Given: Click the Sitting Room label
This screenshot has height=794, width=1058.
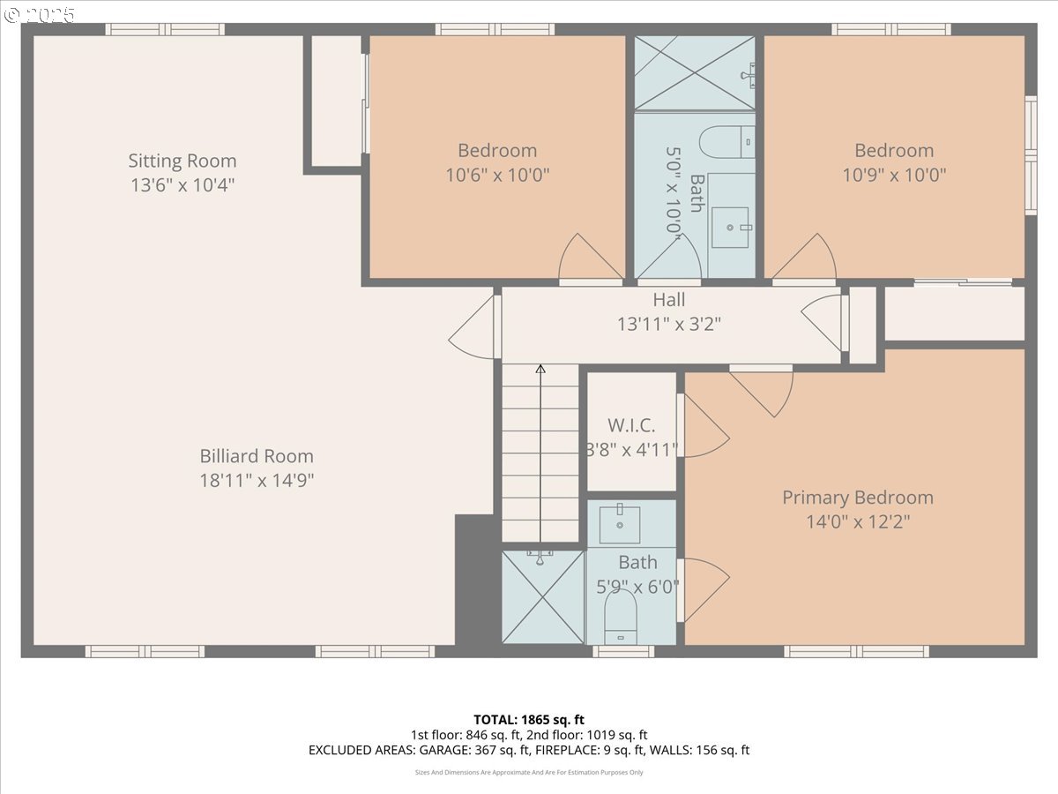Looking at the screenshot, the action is (x=183, y=161).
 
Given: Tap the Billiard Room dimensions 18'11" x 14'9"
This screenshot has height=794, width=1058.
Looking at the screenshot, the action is (x=257, y=480).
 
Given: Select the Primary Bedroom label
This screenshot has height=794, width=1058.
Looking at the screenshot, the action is (x=858, y=498).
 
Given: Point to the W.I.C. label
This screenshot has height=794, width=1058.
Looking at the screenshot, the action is (x=631, y=425).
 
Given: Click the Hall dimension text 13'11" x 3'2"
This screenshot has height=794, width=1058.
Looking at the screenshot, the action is (x=669, y=324).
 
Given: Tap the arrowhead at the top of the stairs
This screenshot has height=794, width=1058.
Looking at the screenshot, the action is (x=540, y=369).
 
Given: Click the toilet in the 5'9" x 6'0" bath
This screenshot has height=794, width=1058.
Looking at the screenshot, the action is (x=621, y=617).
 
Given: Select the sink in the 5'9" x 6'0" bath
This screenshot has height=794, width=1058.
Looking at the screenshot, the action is (x=620, y=524).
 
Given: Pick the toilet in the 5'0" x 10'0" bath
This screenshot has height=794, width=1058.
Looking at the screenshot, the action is (x=726, y=142).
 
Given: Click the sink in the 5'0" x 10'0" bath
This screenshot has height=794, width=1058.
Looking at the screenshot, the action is (x=730, y=227).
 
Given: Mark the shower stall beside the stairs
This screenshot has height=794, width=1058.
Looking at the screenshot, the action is (x=543, y=597).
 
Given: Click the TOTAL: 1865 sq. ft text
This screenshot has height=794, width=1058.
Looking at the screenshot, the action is (x=529, y=720).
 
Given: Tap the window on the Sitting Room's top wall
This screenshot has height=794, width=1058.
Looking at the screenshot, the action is (x=165, y=29).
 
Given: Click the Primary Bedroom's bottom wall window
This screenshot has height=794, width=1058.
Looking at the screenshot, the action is (x=856, y=651).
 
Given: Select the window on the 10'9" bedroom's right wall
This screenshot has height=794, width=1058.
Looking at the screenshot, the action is (x=1031, y=155).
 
